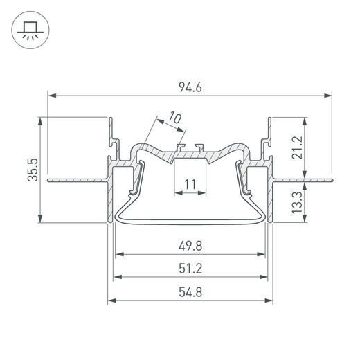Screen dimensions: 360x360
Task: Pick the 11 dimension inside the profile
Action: click(190, 183)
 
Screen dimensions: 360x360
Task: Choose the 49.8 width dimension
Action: click(190, 244)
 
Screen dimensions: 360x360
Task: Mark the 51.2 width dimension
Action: click(190, 265)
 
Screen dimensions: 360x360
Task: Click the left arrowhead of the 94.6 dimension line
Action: click(50, 95)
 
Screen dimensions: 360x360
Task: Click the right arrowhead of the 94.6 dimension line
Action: click(331, 95)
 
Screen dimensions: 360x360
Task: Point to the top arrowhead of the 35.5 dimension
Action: click(41, 120)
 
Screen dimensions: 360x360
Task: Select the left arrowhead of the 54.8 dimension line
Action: click(111, 300)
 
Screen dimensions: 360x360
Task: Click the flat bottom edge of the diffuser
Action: click(190, 219)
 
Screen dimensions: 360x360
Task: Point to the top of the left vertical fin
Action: click(111, 119)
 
